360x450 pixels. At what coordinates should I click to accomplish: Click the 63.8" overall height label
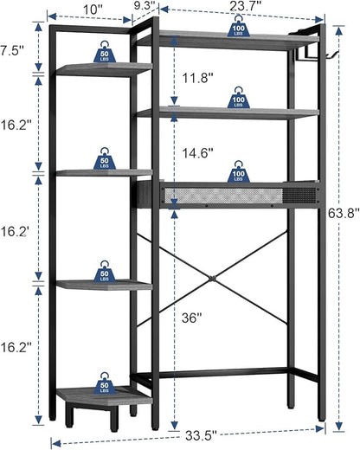pyautogui.click(x=344, y=214)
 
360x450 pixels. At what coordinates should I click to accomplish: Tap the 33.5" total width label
pyautogui.click(x=201, y=435)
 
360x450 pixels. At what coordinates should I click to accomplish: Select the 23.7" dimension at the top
pyautogui.click(x=246, y=6)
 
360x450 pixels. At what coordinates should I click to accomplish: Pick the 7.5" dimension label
pyautogui.click(x=11, y=51)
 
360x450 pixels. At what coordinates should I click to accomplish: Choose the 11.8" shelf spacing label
pyautogui.click(x=197, y=78)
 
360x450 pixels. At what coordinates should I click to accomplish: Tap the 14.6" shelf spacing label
pyautogui.click(x=197, y=153)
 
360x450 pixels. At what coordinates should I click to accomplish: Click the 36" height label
pyautogui.click(x=191, y=318)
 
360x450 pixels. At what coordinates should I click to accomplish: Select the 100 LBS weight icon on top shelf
pyautogui.click(x=239, y=27)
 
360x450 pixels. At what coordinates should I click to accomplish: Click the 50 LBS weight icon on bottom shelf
pyautogui.click(x=105, y=382)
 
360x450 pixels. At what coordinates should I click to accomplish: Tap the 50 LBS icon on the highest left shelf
pyautogui.click(x=105, y=52)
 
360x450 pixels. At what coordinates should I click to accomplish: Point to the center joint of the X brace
pyautogui.click(x=213, y=279)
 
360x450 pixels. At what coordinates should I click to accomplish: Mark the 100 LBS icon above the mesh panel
pyautogui.click(x=239, y=172)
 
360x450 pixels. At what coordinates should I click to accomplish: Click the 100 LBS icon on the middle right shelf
pyautogui.click(x=239, y=98)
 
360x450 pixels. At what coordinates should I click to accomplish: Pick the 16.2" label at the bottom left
pyautogui.click(x=16, y=347)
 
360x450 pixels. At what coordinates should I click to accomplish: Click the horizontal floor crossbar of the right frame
pyautogui.click(x=223, y=373)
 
